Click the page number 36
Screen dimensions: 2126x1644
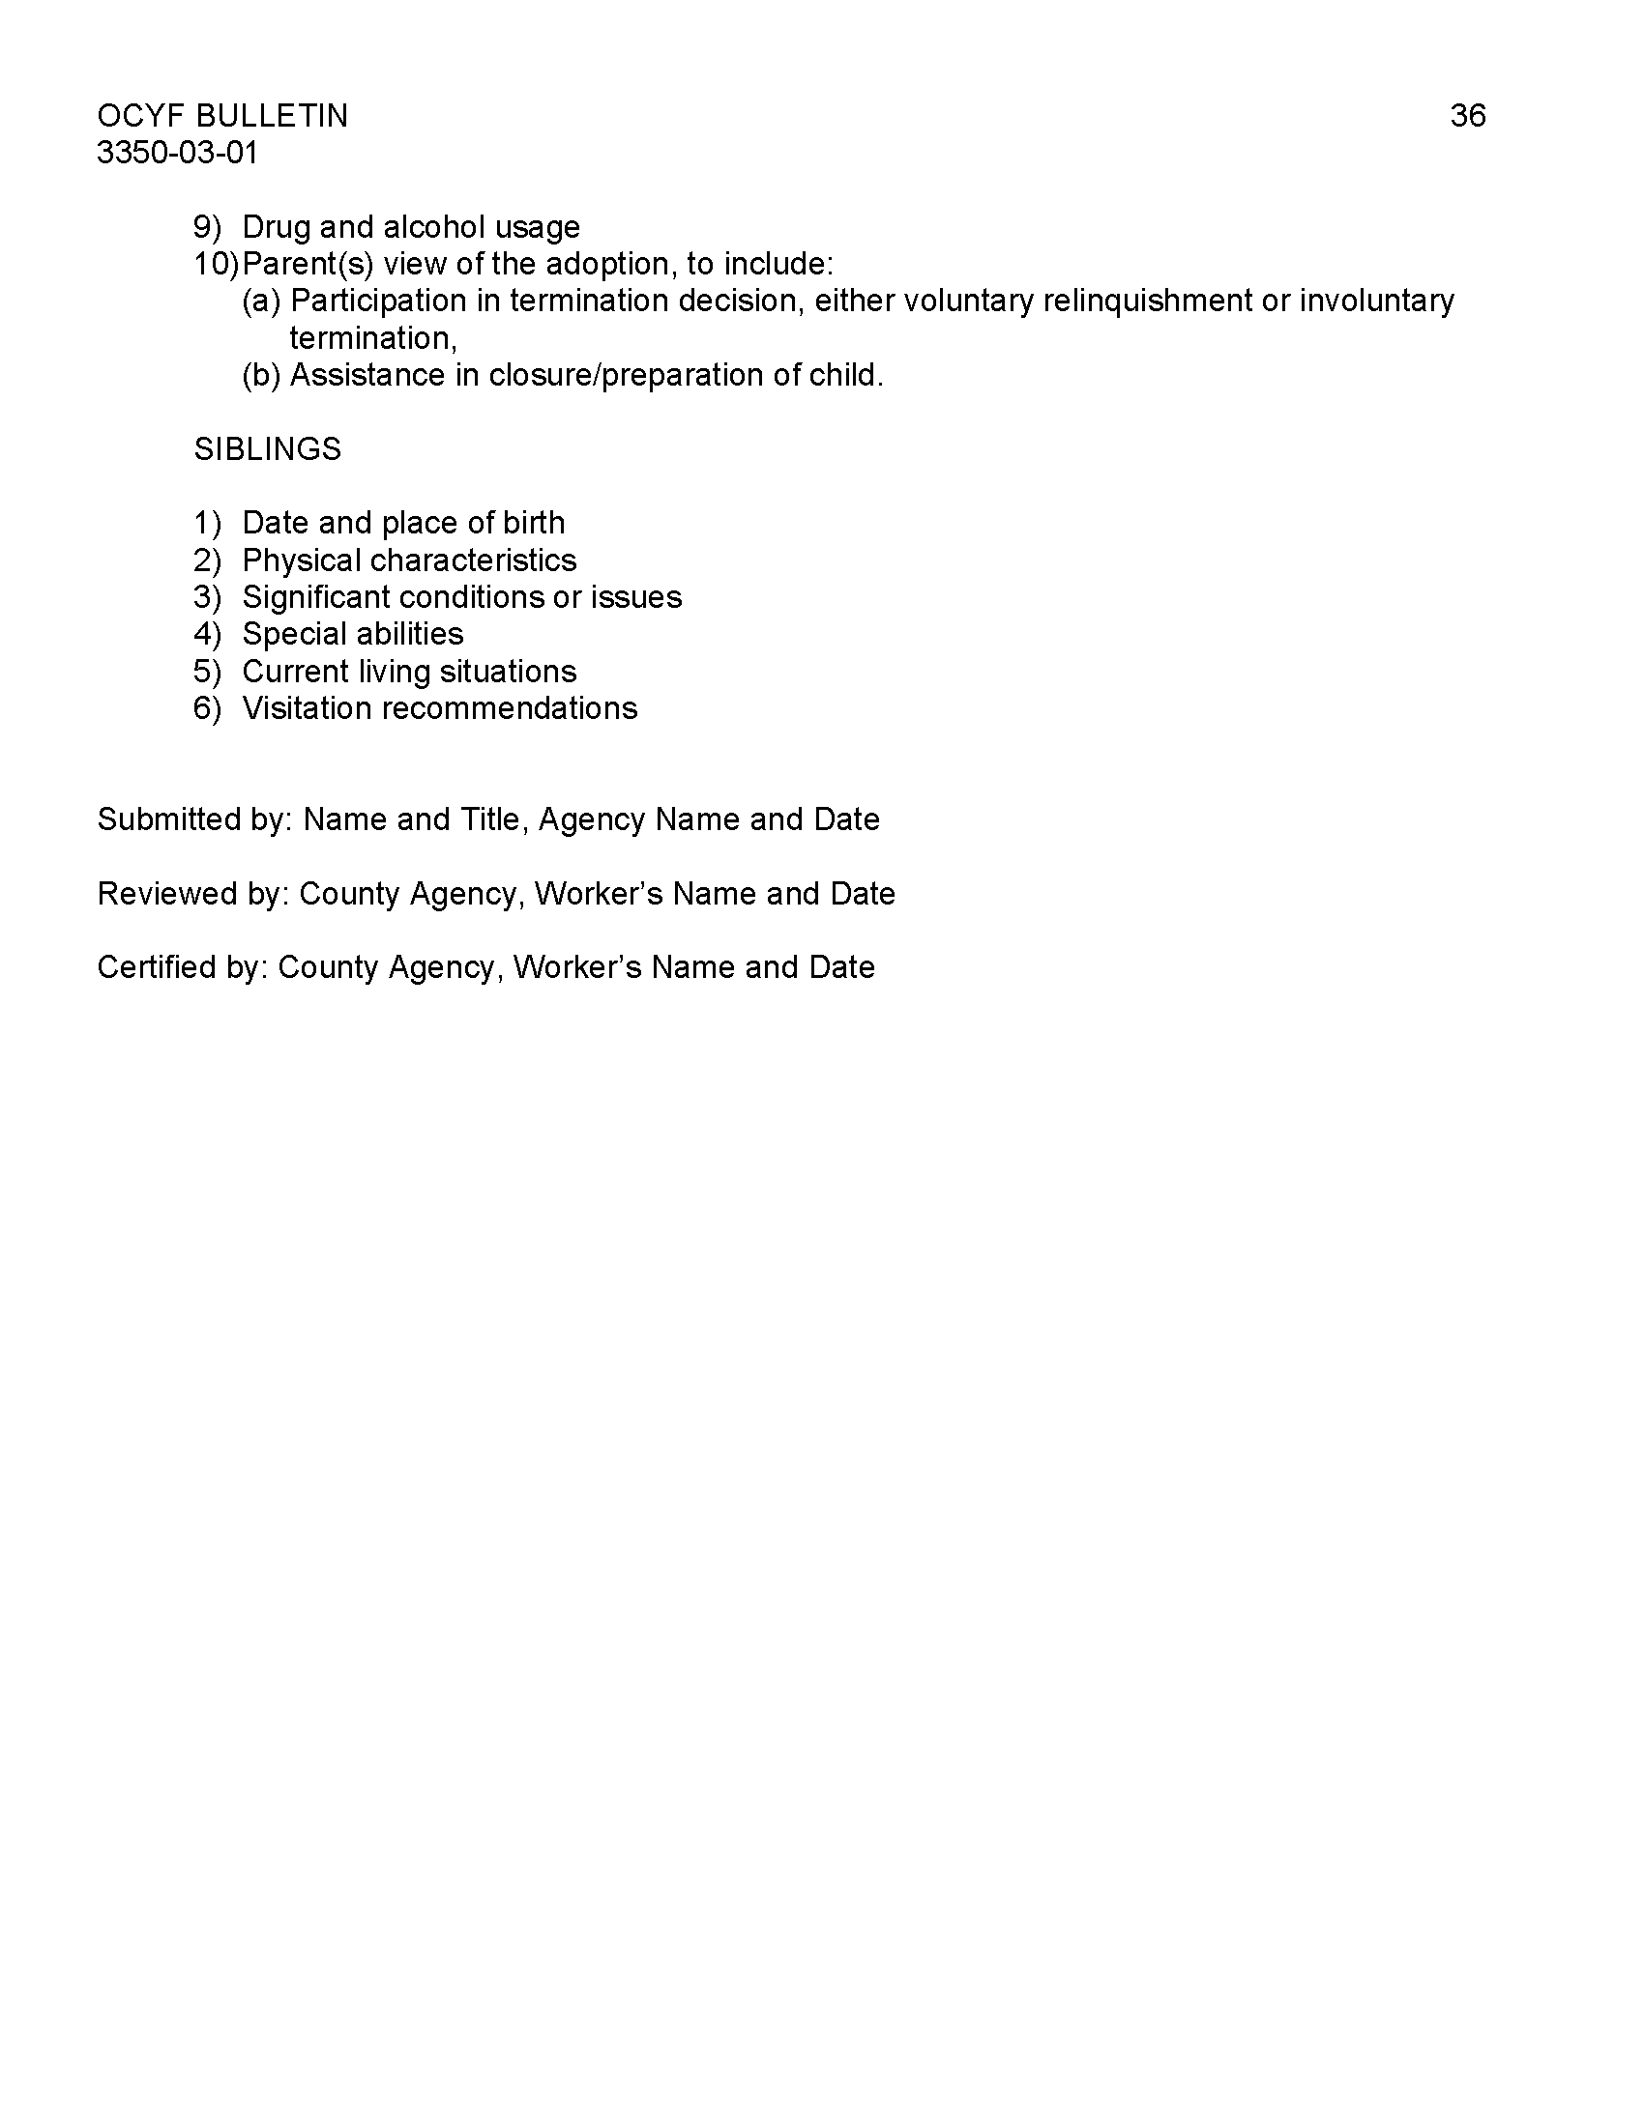[x=1467, y=116]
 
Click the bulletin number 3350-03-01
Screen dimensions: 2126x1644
[x=177, y=153]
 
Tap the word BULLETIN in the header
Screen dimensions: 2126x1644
[x=272, y=116]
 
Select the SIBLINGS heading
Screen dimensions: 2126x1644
[x=268, y=448]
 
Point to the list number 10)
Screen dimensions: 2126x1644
[x=216, y=264]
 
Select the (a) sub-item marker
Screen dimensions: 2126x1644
[x=261, y=301]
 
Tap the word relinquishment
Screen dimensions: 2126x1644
[x=1147, y=301]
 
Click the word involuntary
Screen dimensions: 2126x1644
[x=1377, y=301]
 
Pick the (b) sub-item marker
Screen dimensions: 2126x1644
[x=261, y=375]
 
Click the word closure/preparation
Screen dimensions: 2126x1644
[x=627, y=375]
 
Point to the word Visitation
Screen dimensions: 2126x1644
[x=307, y=707]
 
